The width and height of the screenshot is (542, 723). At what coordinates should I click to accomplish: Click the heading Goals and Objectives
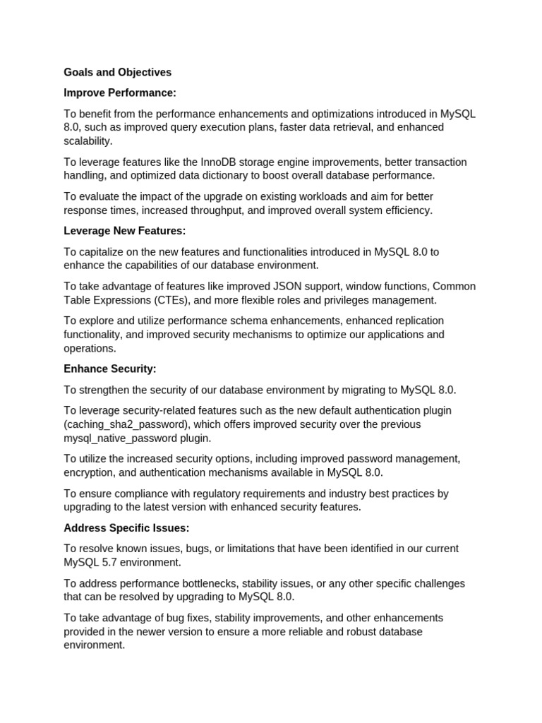(x=117, y=72)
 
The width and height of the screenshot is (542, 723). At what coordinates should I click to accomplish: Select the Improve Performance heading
(x=120, y=92)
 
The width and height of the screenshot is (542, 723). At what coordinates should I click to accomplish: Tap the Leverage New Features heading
(x=124, y=231)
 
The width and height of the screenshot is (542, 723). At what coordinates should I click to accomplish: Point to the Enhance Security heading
(x=110, y=369)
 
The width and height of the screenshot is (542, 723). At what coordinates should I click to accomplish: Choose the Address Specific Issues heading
(x=126, y=527)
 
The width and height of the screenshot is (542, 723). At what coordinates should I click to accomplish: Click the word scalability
(x=88, y=141)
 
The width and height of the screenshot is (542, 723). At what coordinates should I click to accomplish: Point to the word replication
(x=414, y=321)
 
